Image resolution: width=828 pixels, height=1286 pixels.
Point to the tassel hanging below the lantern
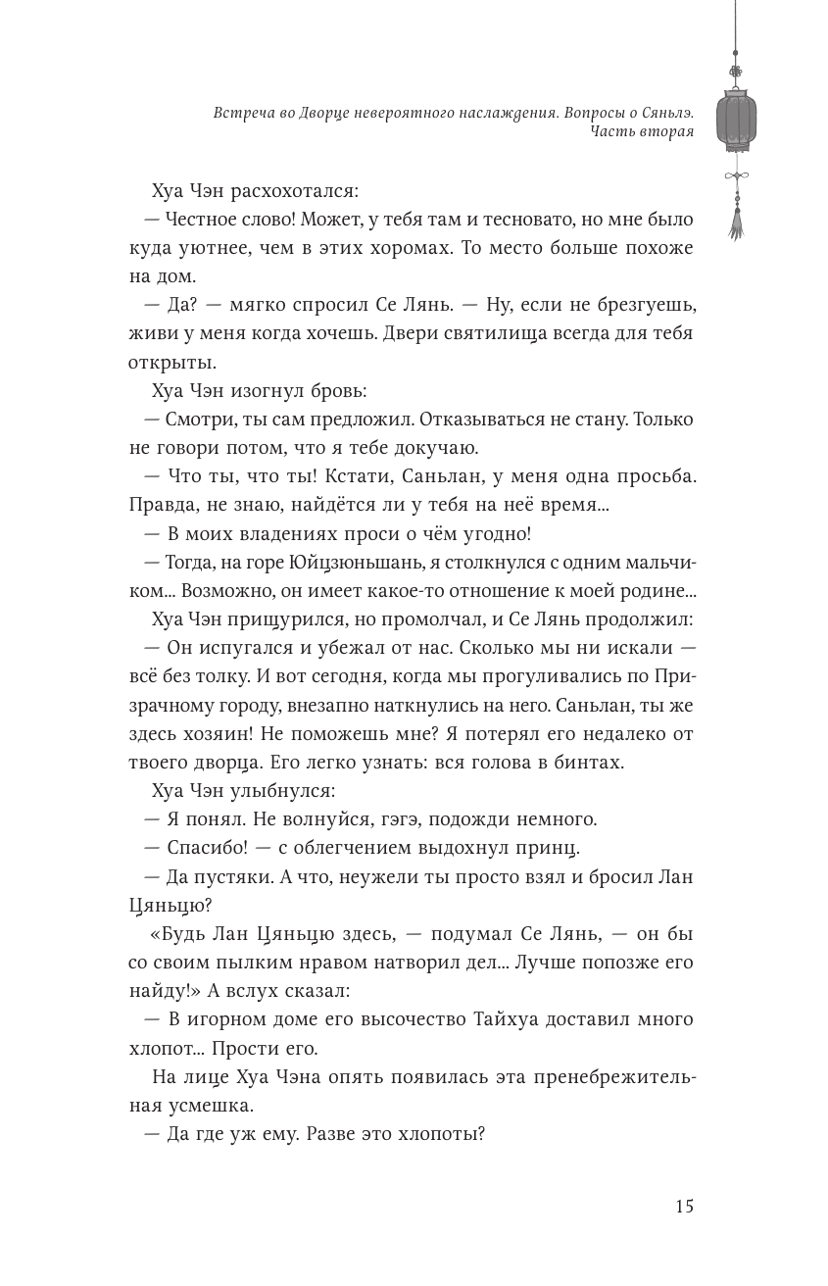tap(736, 222)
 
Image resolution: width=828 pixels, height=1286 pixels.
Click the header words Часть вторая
tap(642, 133)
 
